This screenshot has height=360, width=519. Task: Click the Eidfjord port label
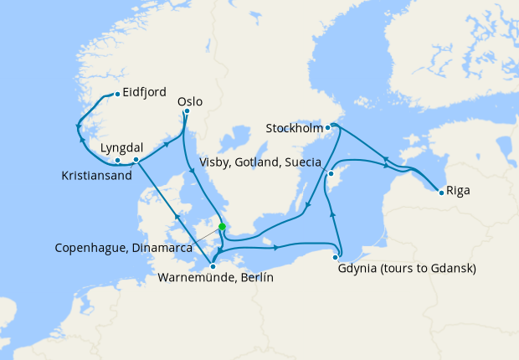[144, 92]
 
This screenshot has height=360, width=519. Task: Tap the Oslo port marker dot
[187, 111]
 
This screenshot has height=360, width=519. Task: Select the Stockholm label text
[293, 128]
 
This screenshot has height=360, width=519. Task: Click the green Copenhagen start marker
[222, 226]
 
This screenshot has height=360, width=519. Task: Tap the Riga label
[458, 190]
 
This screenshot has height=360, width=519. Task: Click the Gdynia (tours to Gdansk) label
[407, 269]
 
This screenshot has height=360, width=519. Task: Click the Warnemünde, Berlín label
[215, 277]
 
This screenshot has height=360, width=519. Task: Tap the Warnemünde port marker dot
[213, 266]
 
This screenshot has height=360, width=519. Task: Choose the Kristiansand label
[97, 176]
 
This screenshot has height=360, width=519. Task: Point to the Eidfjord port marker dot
[116, 93]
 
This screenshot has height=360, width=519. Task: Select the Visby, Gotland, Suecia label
[265, 162]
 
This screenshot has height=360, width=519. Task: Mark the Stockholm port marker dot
[327, 127]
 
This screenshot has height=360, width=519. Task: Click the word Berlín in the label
[256, 277]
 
